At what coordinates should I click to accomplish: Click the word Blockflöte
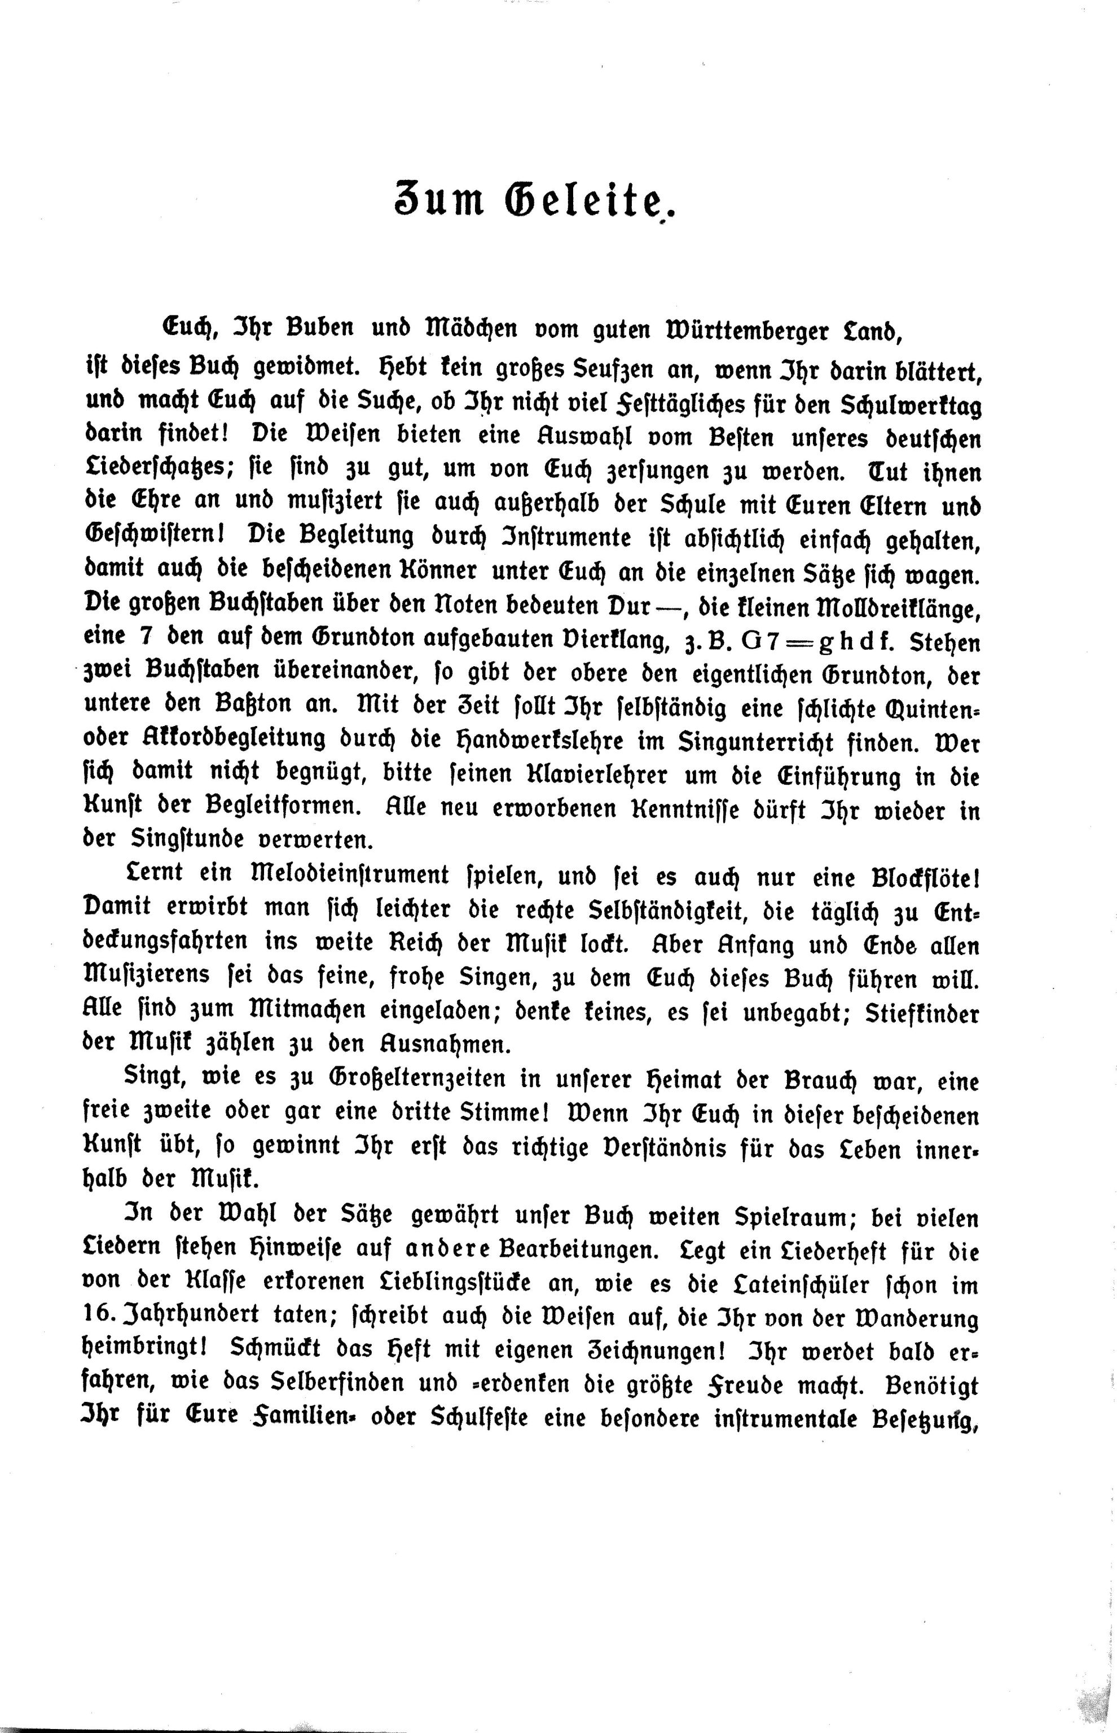920,876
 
